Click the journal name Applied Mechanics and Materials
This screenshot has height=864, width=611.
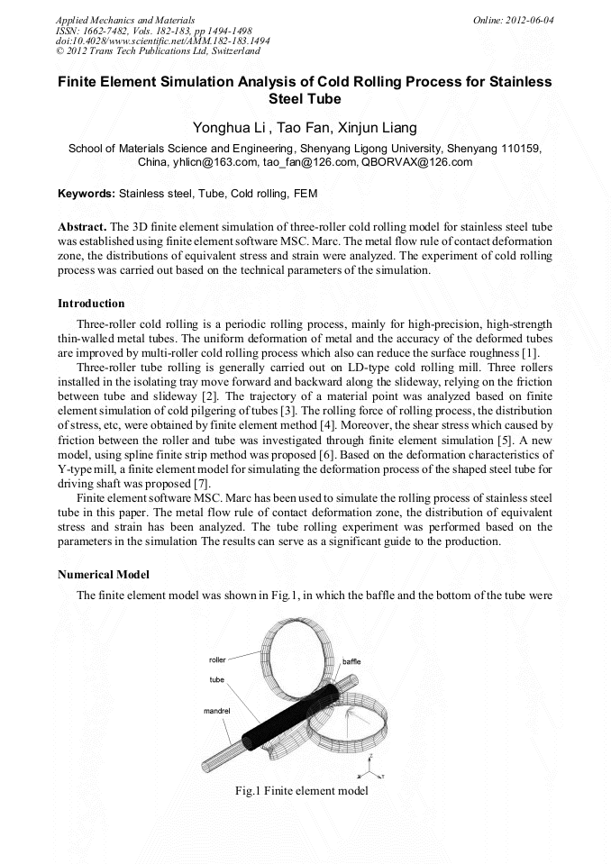pos(125,19)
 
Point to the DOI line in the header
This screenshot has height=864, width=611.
pos(163,41)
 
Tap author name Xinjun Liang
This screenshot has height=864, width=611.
pos(377,128)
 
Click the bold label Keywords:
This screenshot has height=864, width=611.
pos(87,193)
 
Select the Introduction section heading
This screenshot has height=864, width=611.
pos(91,303)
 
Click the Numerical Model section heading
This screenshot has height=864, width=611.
pos(104,574)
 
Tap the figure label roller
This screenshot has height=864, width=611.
pos(217,660)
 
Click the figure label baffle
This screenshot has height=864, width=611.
pos(351,661)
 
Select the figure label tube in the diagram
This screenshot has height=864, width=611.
pos(217,679)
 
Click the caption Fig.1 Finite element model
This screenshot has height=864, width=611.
pos(301,790)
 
